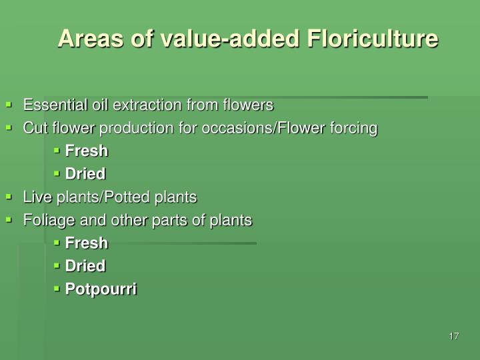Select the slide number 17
click(x=454, y=335)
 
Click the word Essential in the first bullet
click(x=49, y=105)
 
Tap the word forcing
click(x=355, y=127)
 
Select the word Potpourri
click(x=101, y=289)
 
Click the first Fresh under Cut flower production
click(x=86, y=151)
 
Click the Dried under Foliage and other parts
click(x=85, y=266)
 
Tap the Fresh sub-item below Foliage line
click(x=86, y=243)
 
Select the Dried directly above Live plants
click(x=85, y=174)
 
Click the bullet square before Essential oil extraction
click(x=9, y=105)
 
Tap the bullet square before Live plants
click(x=9, y=197)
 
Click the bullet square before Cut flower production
click(x=9, y=127)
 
